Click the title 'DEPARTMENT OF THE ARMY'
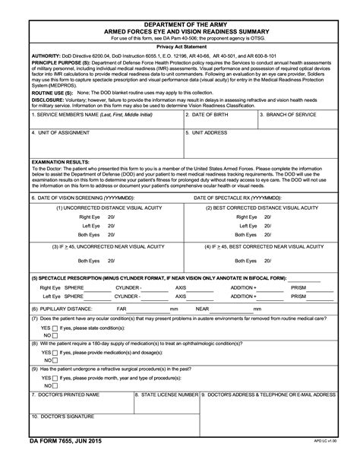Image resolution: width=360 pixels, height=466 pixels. (180, 25)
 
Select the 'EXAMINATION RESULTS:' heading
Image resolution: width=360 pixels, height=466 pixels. (62, 162)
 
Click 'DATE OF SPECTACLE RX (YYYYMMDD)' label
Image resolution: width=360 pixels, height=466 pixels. (238, 196)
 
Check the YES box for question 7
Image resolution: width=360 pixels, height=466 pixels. (56, 328)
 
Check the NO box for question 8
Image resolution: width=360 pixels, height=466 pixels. (56, 362)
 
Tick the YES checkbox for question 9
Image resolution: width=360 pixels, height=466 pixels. (56, 378)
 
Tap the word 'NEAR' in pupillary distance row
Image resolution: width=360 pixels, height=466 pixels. (202, 309)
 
